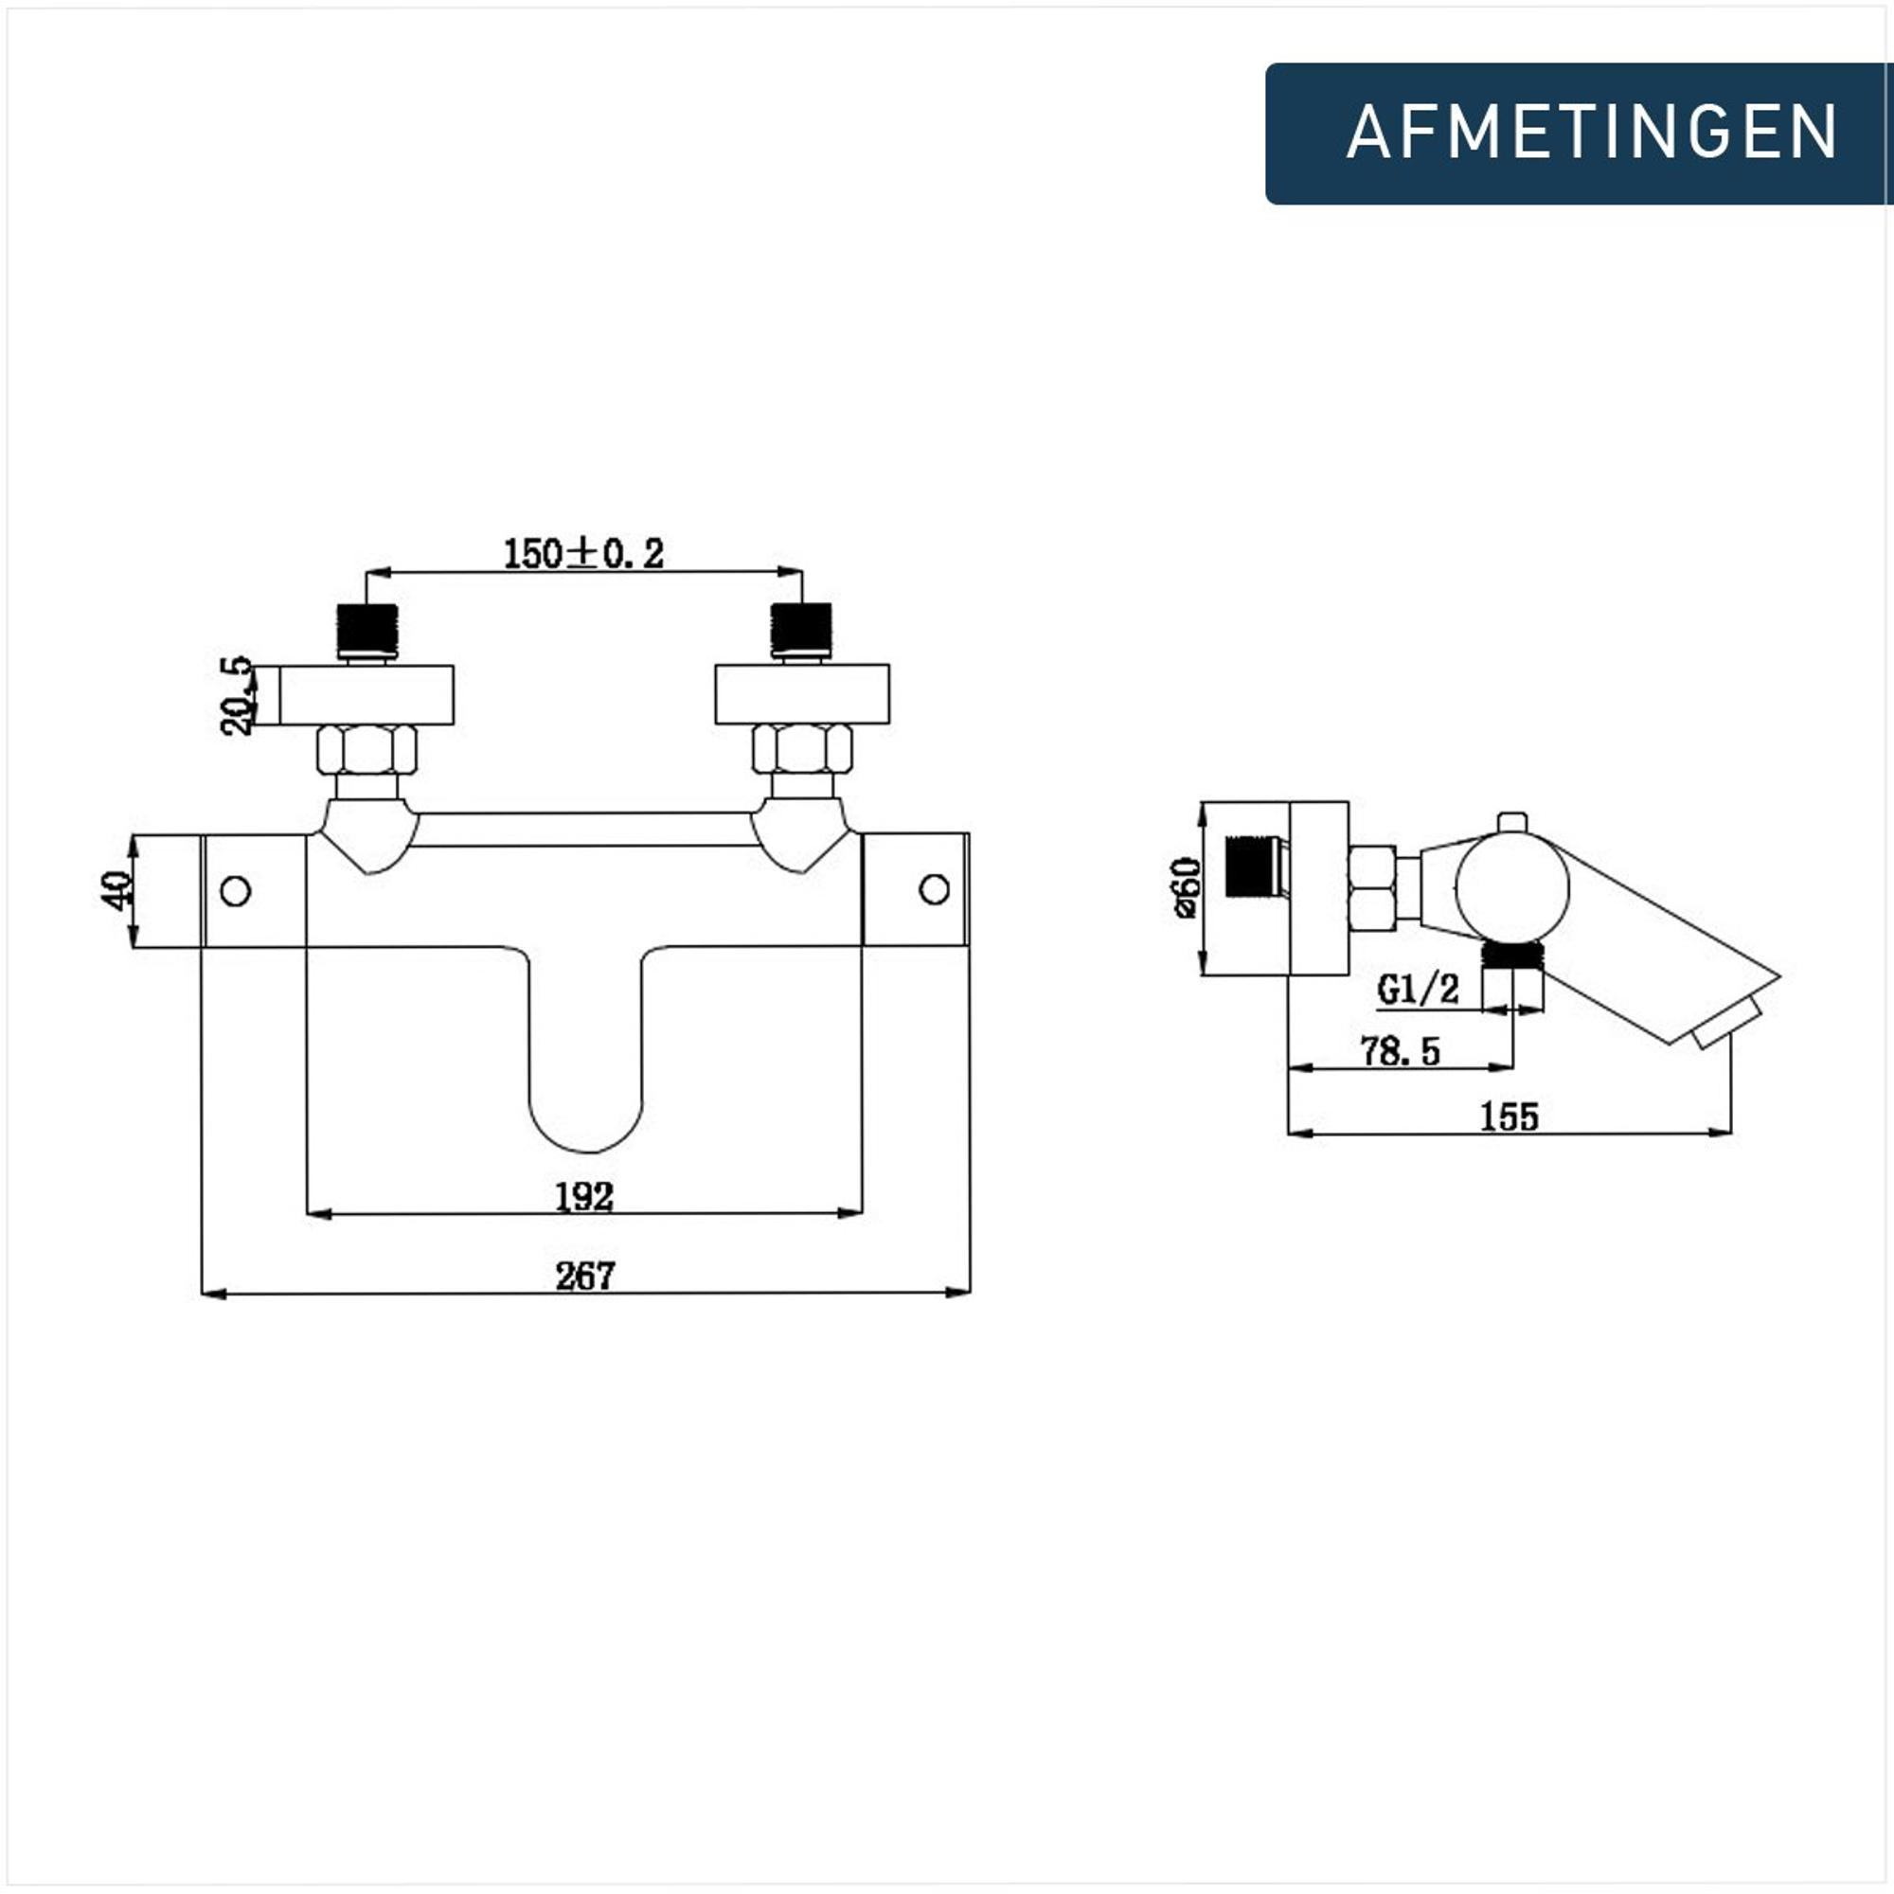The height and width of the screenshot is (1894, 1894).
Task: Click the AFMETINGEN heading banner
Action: pos(1579,134)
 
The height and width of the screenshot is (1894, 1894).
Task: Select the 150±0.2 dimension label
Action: pos(583,554)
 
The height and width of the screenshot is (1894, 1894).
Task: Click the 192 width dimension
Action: pos(584,1196)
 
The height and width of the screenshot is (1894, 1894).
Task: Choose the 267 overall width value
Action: pos(585,1276)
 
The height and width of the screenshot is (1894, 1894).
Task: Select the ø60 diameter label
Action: pos(1187,887)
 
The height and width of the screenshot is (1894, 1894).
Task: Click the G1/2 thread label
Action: pos(1418,990)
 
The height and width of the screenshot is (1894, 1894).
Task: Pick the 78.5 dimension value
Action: pos(1400,1051)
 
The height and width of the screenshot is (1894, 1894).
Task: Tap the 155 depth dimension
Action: pos(1510,1116)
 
